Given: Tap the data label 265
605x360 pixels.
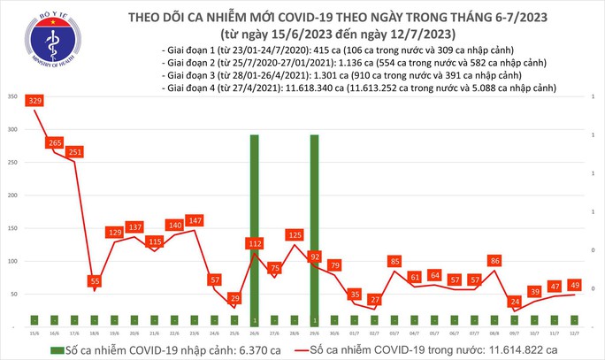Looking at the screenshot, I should pyautogui.click(x=57, y=142).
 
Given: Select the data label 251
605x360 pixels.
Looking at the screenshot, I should pyautogui.click(x=77, y=151).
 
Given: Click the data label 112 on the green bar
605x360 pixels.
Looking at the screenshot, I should pyautogui.click(x=255, y=244).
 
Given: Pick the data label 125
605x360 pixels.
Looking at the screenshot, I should pyautogui.click(x=295, y=235).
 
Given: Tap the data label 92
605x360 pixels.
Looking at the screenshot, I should pyautogui.click(x=314, y=257).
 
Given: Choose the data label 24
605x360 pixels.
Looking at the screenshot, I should pyautogui.click(x=513, y=302).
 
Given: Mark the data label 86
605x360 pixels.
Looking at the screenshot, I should pyautogui.click(x=494, y=261).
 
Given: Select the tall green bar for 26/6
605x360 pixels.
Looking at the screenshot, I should pyautogui.click(x=255, y=226).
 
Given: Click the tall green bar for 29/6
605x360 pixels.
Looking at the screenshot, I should pyautogui.click(x=314, y=226).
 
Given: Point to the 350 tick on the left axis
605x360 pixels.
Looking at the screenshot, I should pyautogui.click(x=11, y=96).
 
